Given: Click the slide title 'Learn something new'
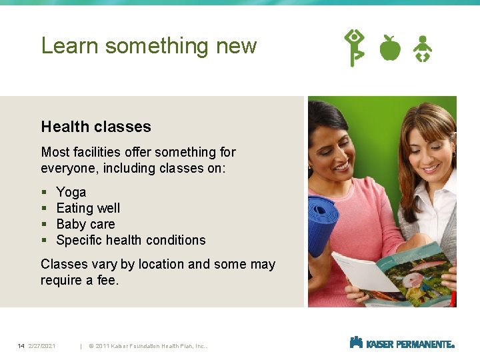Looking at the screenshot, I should (x=149, y=45).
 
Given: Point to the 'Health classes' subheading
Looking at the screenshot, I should (x=96, y=127).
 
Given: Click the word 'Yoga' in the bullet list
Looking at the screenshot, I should (x=71, y=192).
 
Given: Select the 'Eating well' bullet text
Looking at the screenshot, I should (x=88, y=208).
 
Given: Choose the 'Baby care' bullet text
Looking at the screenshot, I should (x=85, y=224).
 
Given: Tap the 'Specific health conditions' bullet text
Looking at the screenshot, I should (x=131, y=240).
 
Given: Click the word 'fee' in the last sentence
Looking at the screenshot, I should (x=106, y=281).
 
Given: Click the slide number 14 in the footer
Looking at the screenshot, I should (x=21, y=345).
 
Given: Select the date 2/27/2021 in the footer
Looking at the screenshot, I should (x=42, y=345).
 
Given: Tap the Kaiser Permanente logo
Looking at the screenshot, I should (x=402, y=343).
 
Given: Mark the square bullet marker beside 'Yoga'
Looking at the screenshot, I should (x=43, y=193).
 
